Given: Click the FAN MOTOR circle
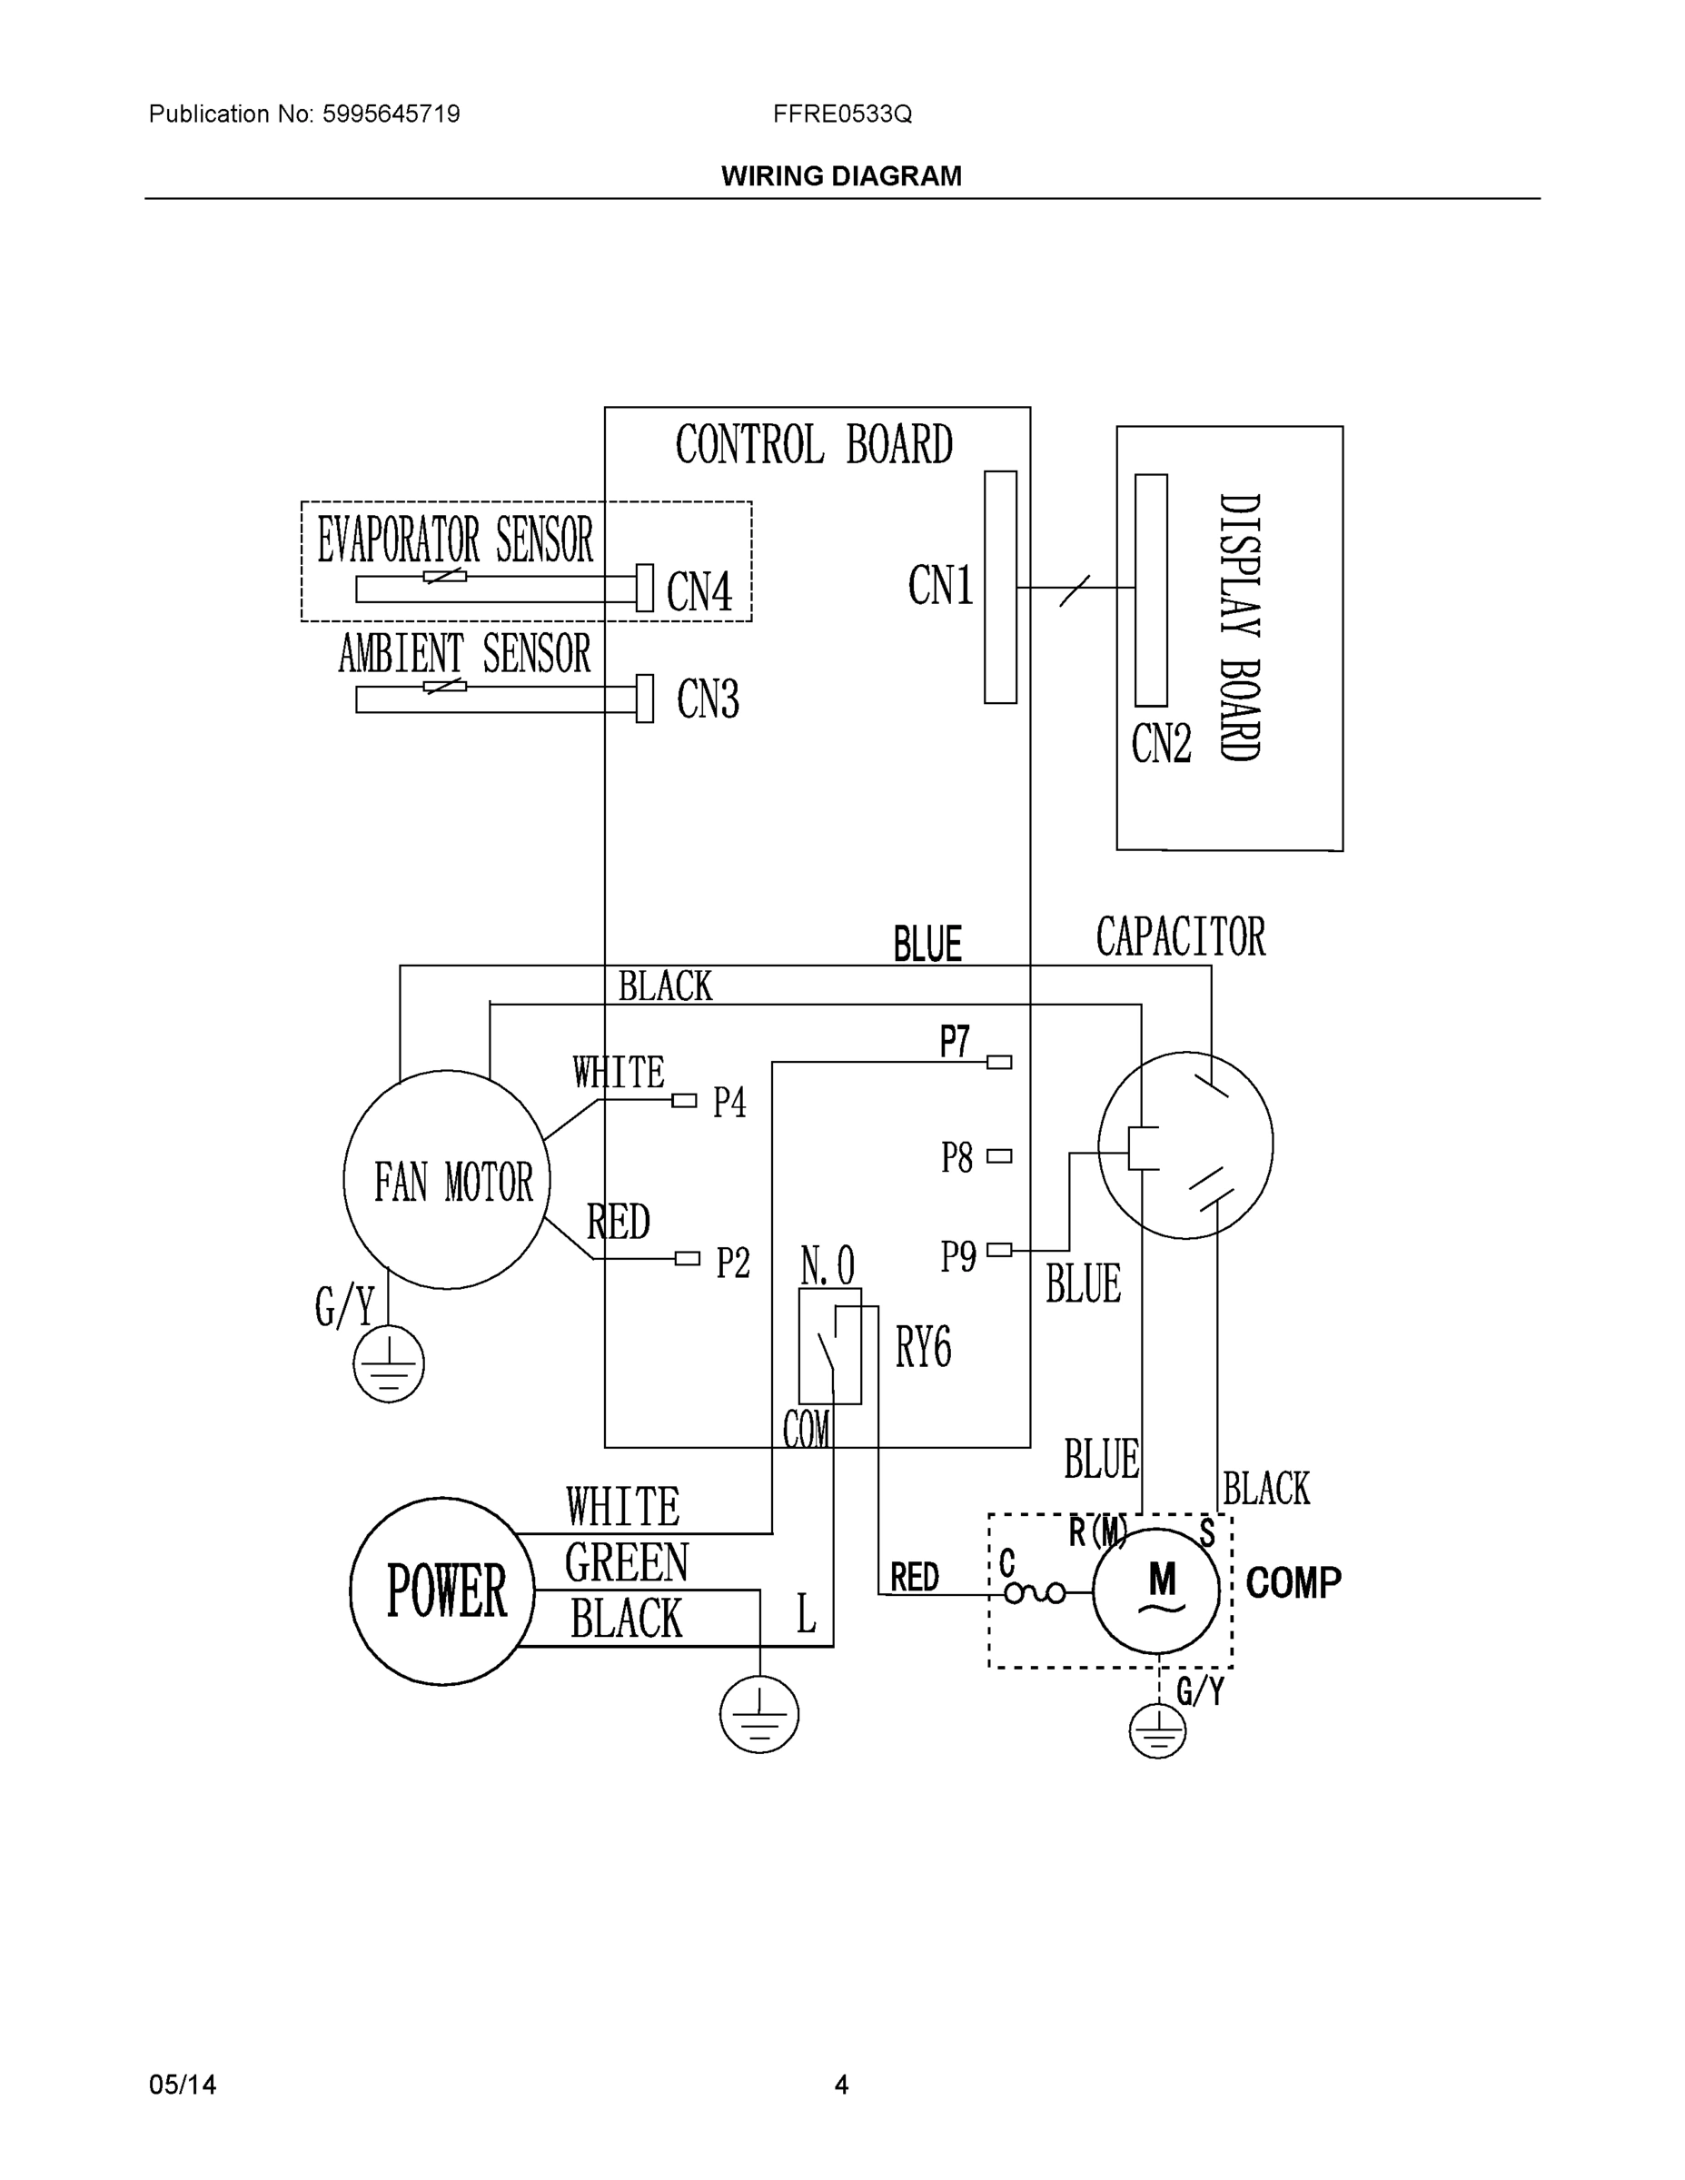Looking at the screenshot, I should (x=446, y=1179).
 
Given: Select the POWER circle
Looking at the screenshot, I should (x=442, y=1591).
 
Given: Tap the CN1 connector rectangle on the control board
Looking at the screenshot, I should (x=1000, y=587).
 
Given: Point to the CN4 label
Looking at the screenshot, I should (x=699, y=591).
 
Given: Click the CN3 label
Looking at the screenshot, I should (x=708, y=699).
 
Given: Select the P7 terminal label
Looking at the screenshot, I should (x=955, y=1042).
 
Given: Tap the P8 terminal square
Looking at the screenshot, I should (x=999, y=1156).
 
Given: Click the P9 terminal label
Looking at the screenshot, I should (x=957, y=1255).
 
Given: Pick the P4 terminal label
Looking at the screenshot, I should (x=729, y=1103).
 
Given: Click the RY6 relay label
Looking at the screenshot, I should (x=922, y=1348).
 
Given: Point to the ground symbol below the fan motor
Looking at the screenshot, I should (x=388, y=1363).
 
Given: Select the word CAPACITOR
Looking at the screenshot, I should (x=1180, y=937).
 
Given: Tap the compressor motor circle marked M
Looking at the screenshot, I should (x=1156, y=1591).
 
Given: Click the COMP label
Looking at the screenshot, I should (x=1293, y=1583).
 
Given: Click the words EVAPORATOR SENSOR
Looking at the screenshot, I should (x=455, y=540).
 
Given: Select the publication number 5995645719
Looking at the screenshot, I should (x=391, y=114).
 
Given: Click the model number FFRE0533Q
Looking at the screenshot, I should (x=841, y=114).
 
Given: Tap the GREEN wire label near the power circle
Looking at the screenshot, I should (x=626, y=1562).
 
